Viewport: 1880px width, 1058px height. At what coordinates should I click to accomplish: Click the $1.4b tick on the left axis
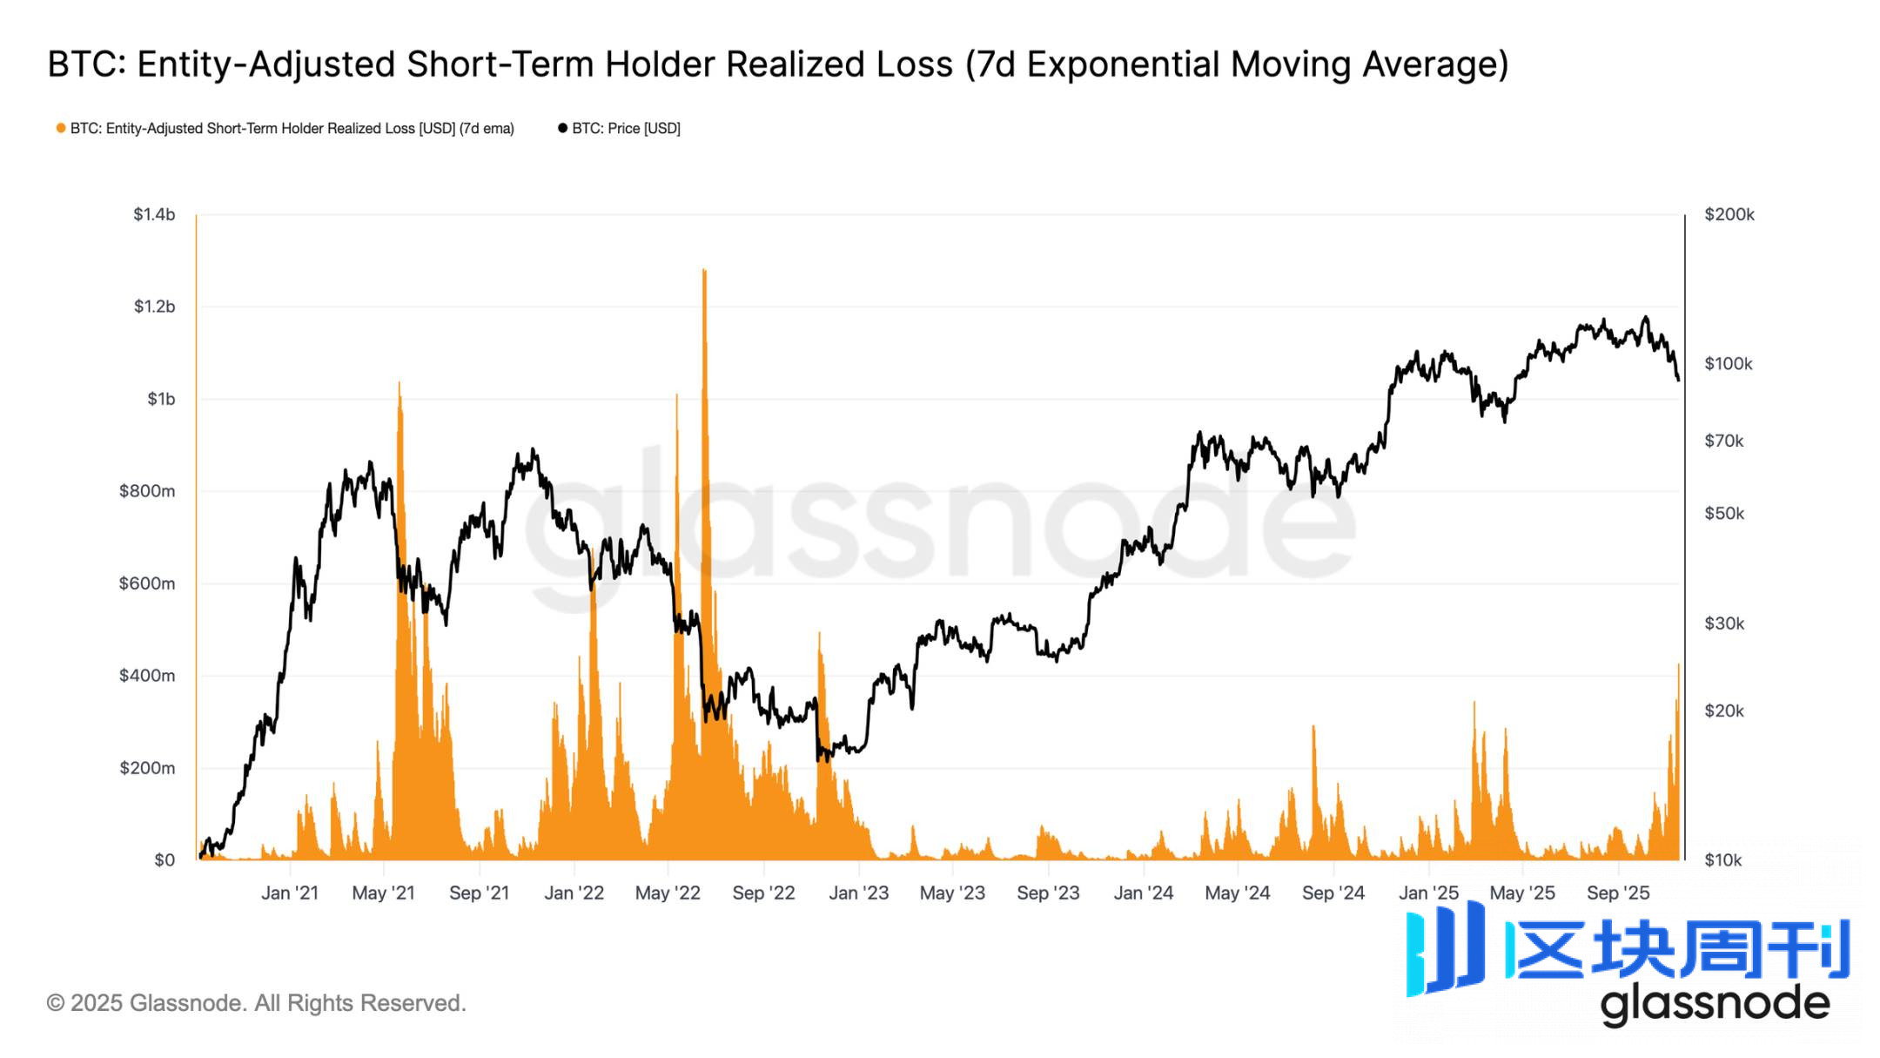click(x=154, y=214)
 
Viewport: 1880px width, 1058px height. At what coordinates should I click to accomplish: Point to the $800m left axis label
click(x=147, y=491)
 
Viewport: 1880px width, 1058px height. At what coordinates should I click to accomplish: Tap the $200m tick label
click(x=147, y=768)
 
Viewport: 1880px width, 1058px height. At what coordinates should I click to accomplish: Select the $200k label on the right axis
click(x=1729, y=214)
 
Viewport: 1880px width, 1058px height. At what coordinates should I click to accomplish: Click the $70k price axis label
click(x=1724, y=441)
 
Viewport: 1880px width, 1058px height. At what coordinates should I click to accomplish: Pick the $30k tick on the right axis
click(x=1724, y=623)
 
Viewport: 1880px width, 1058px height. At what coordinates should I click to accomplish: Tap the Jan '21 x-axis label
click(x=290, y=893)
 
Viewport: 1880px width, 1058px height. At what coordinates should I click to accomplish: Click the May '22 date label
click(x=668, y=893)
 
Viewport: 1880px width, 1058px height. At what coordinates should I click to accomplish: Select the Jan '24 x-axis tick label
click(x=1144, y=893)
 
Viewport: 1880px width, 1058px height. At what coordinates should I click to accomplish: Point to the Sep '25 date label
click(x=1618, y=893)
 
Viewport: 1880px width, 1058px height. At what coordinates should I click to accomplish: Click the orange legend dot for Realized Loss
click(x=61, y=128)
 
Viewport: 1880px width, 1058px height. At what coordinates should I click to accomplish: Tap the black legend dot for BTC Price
click(x=562, y=128)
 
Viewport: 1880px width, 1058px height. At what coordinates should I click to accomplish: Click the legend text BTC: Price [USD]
click(x=626, y=128)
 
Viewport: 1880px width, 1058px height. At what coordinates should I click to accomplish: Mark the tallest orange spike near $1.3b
click(x=704, y=272)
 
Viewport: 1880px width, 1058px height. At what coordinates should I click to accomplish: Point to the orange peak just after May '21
click(x=399, y=384)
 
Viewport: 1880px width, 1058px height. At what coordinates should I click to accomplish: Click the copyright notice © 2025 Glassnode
click(x=256, y=1003)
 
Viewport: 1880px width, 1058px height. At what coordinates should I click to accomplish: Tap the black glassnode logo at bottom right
click(x=1715, y=1004)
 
